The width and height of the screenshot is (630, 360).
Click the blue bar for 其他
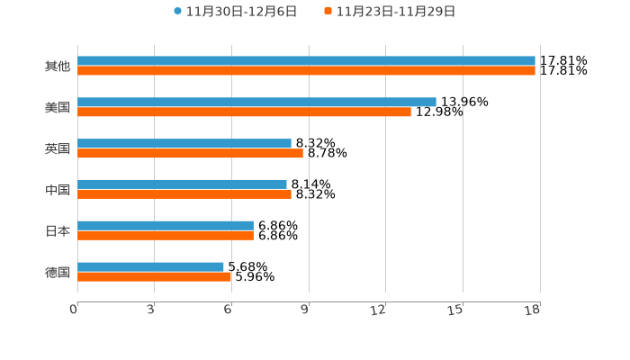coord(306,61)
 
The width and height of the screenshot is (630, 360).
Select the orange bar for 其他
coord(306,71)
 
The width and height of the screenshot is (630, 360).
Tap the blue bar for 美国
coord(256,102)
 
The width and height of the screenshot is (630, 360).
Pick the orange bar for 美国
coord(244,112)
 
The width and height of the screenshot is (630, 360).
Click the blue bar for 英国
coord(184,143)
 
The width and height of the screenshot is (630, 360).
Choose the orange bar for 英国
coord(190,153)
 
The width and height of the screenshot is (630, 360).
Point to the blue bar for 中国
coord(182,184)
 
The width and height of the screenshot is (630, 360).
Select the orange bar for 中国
coord(184,194)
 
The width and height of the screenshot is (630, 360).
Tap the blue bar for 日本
coord(166,226)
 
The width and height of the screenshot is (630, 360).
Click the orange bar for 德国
coord(155,277)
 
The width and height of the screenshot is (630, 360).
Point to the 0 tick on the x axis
coord(74,310)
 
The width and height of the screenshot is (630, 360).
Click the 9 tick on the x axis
coord(305,310)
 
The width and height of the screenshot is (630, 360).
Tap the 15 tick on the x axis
coord(456,310)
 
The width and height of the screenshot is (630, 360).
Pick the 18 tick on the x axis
coord(533,310)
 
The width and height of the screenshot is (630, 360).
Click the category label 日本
coord(58,231)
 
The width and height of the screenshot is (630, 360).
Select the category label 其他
coord(58,67)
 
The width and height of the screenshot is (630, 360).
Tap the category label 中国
coord(58,190)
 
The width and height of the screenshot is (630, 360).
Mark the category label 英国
coord(58,148)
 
